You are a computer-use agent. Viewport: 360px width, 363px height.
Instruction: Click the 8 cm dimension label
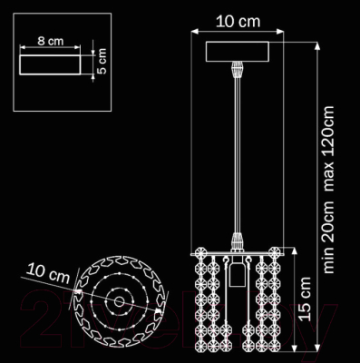(x=51, y=41)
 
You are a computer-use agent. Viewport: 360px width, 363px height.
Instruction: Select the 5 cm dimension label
(x=102, y=61)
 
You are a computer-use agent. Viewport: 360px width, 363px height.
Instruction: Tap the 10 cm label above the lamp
(x=238, y=22)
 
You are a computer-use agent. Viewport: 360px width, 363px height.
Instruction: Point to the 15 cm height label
(x=305, y=299)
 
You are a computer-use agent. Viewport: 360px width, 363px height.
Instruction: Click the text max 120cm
(x=329, y=149)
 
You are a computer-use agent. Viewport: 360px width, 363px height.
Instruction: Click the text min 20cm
(x=329, y=235)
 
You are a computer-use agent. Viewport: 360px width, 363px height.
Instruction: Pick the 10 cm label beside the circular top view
(x=48, y=274)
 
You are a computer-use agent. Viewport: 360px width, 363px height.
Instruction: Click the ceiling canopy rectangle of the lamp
(x=238, y=52)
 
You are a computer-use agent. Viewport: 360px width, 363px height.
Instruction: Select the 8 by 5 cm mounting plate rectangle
(x=50, y=64)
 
